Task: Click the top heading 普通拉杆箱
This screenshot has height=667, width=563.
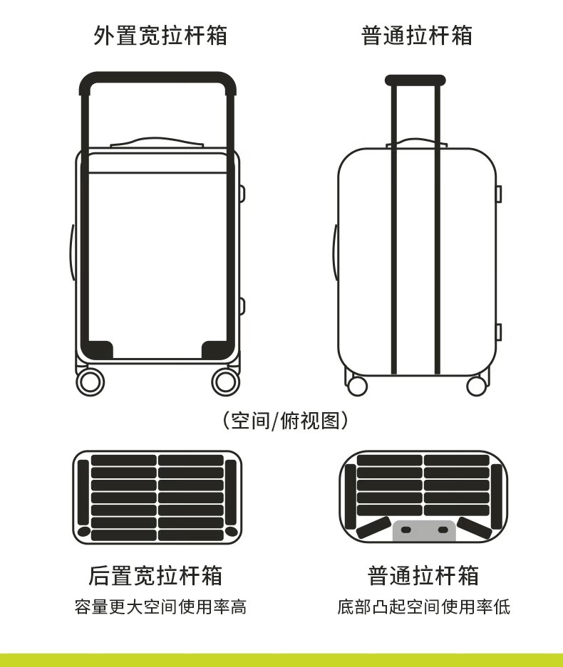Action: click(x=416, y=35)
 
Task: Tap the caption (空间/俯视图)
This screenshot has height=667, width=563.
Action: click(x=284, y=421)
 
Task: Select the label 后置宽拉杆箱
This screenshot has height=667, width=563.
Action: click(x=155, y=574)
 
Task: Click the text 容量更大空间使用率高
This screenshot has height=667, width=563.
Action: click(x=160, y=607)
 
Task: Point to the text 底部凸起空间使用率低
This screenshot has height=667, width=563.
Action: click(x=423, y=607)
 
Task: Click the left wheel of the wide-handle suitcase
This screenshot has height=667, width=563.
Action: click(x=91, y=382)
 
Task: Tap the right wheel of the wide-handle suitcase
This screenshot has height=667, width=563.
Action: click(x=225, y=382)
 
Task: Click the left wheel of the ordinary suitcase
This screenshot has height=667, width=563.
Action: click(x=356, y=386)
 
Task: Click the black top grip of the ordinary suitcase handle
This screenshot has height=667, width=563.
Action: click(x=415, y=80)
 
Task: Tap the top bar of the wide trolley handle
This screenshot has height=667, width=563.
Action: click(x=157, y=78)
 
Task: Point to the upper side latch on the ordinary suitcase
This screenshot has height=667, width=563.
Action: click(x=498, y=194)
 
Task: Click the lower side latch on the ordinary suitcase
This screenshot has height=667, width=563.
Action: click(x=498, y=332)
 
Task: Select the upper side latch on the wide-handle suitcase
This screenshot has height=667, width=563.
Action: click(x=242, y=194)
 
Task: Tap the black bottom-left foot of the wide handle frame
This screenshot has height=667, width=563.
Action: click(x=97, y=350)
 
